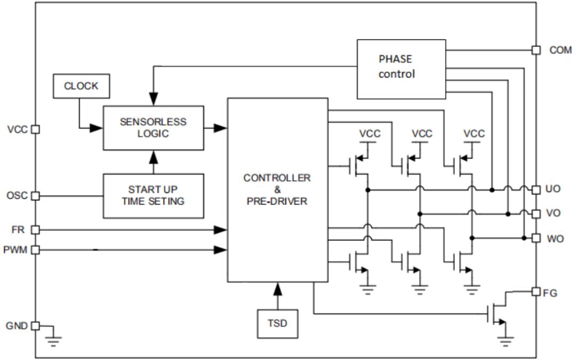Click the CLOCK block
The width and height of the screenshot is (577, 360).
[81, 86]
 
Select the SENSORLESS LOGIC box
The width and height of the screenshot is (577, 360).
[153, 128]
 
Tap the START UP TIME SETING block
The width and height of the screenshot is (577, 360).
[153, 196]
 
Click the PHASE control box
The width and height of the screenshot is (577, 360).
[401, 69]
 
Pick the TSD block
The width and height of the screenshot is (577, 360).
[277, 324]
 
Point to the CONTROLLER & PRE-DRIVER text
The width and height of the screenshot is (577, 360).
[277, 190]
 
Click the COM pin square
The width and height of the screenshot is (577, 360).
[536, 50]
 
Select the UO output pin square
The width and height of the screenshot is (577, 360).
[536, 190]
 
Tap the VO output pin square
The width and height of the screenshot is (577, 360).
[536, 214]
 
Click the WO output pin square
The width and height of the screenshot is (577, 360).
[536, 238]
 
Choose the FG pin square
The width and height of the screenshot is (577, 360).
[536, 292]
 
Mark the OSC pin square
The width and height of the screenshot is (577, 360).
[35, 195]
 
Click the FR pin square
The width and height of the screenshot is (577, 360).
[35, 230]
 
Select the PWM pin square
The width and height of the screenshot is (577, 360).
[35, 250]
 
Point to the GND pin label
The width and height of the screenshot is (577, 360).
[17, 326]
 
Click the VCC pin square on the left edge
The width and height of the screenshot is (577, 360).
[35, 129]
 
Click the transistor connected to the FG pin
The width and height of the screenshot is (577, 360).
[497, 314]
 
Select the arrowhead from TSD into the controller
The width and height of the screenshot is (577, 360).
[278, 289]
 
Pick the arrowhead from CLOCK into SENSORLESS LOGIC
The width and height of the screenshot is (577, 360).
[96, 128]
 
